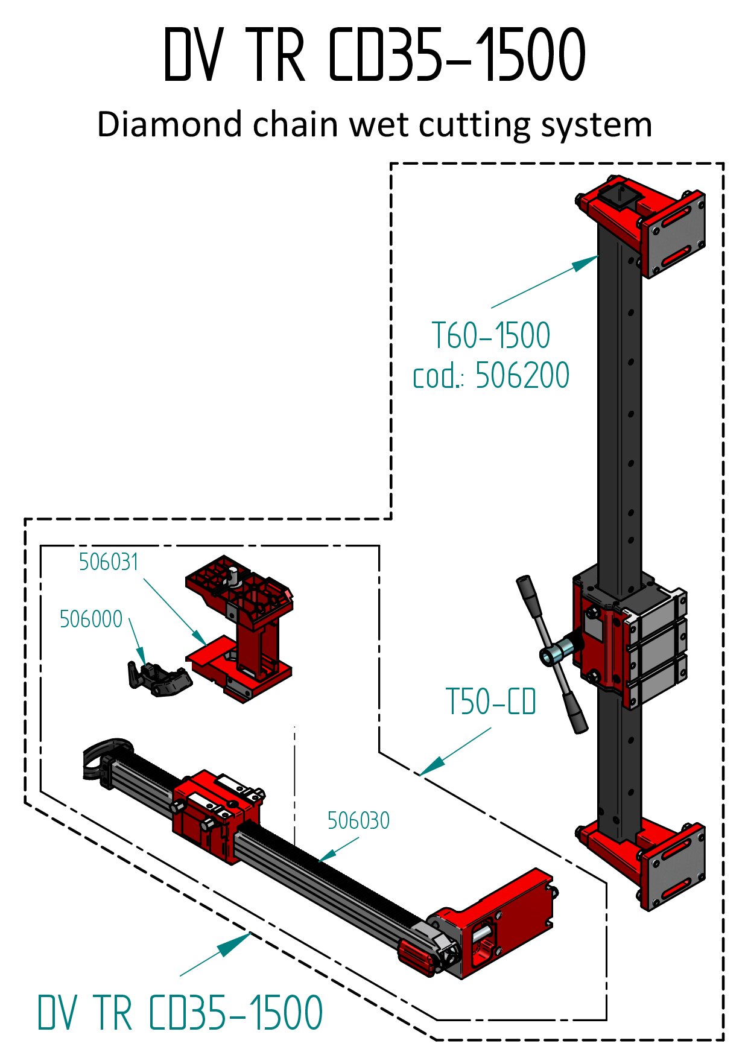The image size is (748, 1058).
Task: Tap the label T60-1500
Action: [x=491, y=336]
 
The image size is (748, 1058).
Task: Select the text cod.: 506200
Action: [x=491, y=375]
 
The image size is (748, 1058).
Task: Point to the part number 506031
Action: [x=109, y=562]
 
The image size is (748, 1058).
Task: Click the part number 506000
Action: [x=91, y=619]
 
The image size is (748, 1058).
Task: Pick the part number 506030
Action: [x=358, y=820]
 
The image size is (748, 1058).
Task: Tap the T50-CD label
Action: [x=490, y=702]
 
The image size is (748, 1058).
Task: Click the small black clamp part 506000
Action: [x=158, y=679]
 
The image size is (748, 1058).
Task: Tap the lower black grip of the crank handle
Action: [x=576, y=713]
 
